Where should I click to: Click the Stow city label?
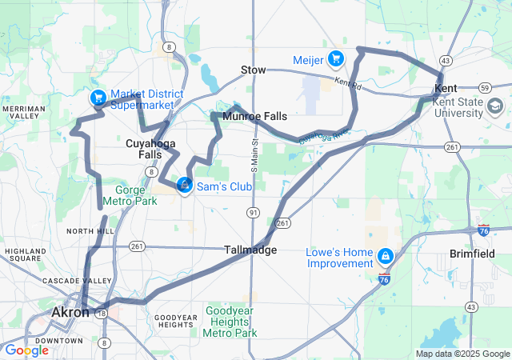tap(253, 70)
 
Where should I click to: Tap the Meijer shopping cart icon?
tap(336, 58)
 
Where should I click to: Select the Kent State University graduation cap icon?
tap(494, 106)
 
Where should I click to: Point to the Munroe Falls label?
tap(254, 117)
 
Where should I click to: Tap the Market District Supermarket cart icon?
tap(98, 98)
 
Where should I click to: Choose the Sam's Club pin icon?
tap(184, 186)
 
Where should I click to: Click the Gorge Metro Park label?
tap(135, 196)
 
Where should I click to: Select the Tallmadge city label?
tap(250, 250)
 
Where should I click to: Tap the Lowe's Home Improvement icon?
tap(386, 255)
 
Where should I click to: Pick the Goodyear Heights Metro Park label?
tap(231, 321)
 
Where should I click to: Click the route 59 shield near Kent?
tap(485, 86)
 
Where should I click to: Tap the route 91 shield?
tap(253, 212)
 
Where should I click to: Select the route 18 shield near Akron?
tap(102, 314)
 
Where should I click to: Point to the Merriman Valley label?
tap(23, 113)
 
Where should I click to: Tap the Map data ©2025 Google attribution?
tap(462, 354)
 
